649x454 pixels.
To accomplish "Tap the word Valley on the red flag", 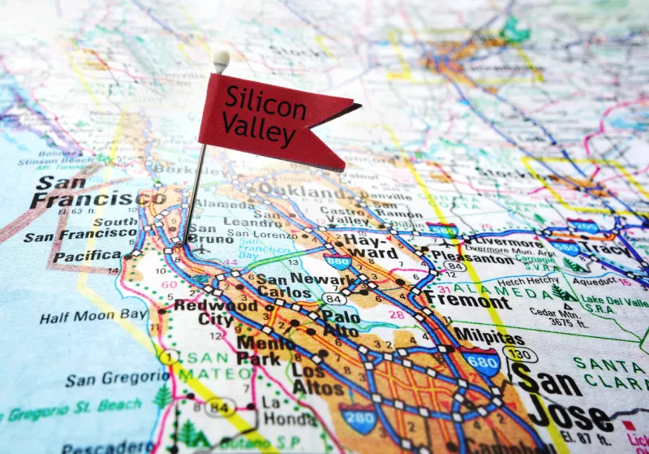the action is [x=258, y=128].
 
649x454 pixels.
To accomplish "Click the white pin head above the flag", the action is [x=221, y=58].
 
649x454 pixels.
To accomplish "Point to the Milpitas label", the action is [x=488, y=335].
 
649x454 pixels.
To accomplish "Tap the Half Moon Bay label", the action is [x=94, y=316].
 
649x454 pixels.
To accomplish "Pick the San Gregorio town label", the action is [x=118, y=379].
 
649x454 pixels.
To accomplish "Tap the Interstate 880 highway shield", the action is [x=337, y=262].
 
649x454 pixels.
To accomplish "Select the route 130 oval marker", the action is [x=518, y=355].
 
